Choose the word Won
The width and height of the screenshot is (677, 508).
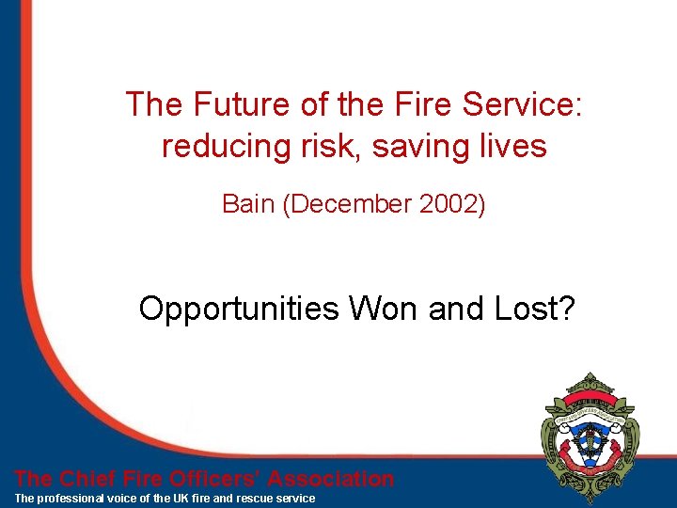click(x=386, y=309)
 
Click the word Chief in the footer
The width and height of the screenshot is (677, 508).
click(x=93, y=479)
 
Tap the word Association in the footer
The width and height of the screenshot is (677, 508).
click(x=331, y=479)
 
